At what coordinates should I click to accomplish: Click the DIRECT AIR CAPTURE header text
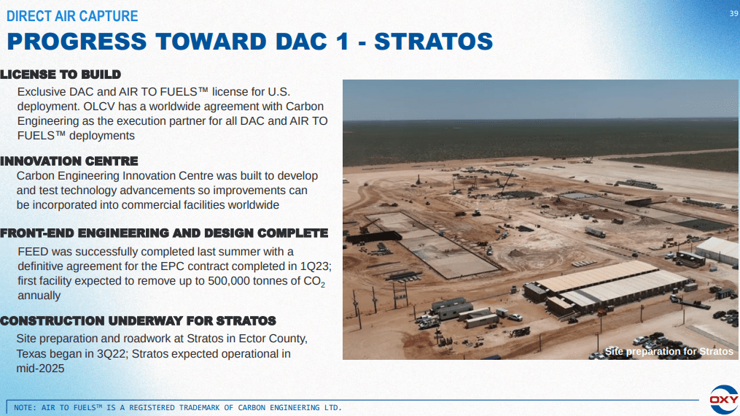click(71, 16)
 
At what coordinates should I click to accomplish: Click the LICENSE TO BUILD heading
click(61, 74)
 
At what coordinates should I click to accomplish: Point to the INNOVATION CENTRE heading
click(69, 161)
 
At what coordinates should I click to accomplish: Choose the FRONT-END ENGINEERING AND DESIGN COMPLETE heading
click(164, 234)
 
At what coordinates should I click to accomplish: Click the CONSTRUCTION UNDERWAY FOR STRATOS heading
click(138, 321)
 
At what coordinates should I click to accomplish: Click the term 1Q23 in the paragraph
click(315, 266)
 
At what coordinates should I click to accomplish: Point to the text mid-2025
click(40, 369)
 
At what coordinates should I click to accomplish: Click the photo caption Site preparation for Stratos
click(669, 352)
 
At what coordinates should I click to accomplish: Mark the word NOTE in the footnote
click(25, 407)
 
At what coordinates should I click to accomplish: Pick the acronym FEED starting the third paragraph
click(33, 252)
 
